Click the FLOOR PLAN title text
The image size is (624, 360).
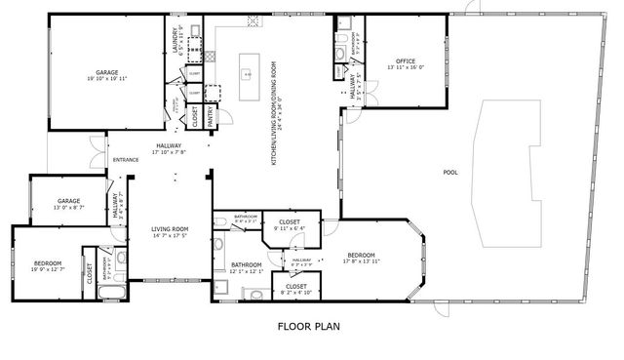point(308,327)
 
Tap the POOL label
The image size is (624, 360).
point(449,172)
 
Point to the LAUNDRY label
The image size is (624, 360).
point(176,40)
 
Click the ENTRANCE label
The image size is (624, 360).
point(125,160)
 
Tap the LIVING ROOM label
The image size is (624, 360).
point(170,229)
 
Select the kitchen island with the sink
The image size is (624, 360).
point(248,74)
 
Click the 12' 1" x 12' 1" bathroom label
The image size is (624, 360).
point(247,267)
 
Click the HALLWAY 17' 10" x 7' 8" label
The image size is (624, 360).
point(169,148)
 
